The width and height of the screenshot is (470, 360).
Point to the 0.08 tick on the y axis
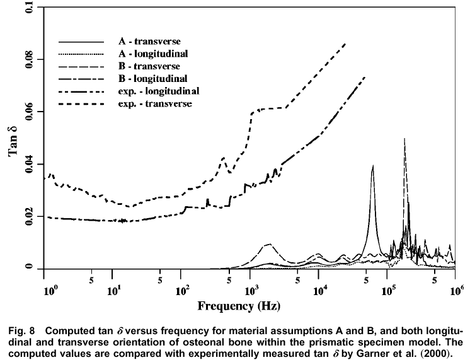pyautogui.click(x=28, y=60)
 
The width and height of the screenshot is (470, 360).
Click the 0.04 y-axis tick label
pyautogui.click(x=28, y=165)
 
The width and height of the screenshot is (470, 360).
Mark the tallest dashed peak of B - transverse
pyautogui.click(x=404, y=139)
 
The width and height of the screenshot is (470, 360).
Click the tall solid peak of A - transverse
pyautogui.click(x=373, y=166)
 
